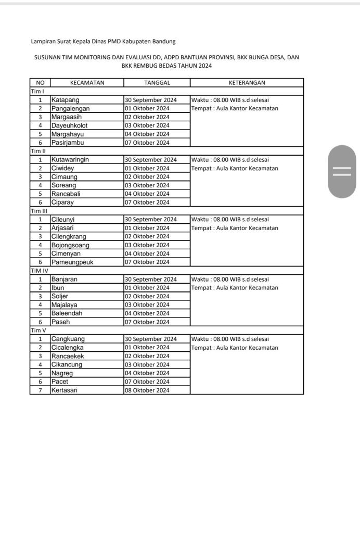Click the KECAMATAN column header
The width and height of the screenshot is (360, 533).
(87, 83)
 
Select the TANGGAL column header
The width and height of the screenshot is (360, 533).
(157, 83)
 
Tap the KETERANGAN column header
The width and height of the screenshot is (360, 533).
(247, 83)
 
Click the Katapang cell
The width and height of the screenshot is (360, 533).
(65, 100)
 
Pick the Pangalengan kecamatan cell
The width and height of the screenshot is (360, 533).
(70, 108)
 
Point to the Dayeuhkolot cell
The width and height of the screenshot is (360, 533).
(69, 125)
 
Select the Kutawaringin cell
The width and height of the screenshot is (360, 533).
(70, 160)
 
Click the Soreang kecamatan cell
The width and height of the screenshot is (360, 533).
(63, 185)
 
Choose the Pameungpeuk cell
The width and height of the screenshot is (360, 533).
(72, 262)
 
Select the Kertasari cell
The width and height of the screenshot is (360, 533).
(65, 390)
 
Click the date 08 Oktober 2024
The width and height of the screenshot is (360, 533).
(147, 390)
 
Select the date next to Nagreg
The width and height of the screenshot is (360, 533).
(147, 373)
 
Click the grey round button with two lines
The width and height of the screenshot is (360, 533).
(342, 171)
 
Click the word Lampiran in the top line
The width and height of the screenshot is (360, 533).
(43, 41)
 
